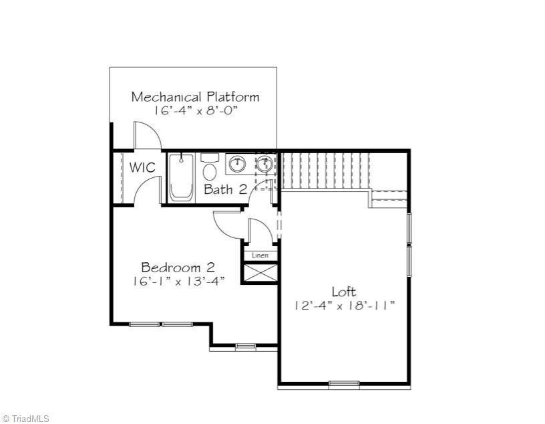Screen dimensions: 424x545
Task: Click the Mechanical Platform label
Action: coord(195,96)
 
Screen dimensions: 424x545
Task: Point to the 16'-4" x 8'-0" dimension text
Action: coord(195,111)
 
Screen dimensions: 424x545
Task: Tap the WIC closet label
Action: coord(143,167)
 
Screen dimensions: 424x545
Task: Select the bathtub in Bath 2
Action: coord(181,177)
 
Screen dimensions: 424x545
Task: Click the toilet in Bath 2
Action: coord(210,167)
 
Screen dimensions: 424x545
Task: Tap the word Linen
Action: coord(259,255)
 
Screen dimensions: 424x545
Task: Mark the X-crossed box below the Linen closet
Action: coord(259,273)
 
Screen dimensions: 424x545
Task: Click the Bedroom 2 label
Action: coord(178,268)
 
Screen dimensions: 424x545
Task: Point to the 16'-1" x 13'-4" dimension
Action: coord(178,282)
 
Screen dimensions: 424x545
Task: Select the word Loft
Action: coord(344,292)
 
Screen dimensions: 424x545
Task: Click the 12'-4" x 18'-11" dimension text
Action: coord(344,306)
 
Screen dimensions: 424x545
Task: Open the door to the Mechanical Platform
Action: coord(148,136)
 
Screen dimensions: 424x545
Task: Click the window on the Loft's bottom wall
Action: coord(344,384)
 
